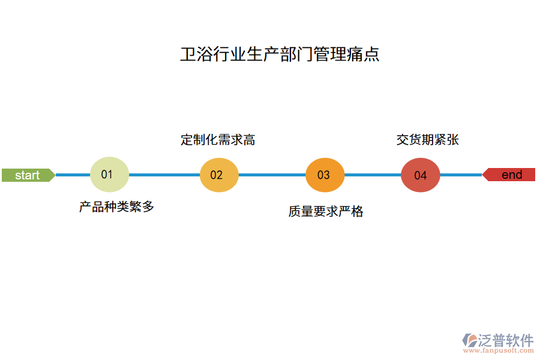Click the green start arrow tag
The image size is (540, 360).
pyautogui.click(x=28, y=175)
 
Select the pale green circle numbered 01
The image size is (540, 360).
pyautogui.click(x=109, y=175)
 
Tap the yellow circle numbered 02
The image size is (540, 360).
pyautogui.click(x=219, y=175)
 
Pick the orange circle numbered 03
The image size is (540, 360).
pyautogui.click(x=325, y=175)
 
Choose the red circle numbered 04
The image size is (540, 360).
pyautogui.click(x=421, y=175)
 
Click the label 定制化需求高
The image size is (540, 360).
pyautogui.click(x=218, y=140)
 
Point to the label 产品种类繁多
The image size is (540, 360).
pyautogui.click(x=117, y=207)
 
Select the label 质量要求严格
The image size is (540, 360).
pyautogui.click(x=326, y=211)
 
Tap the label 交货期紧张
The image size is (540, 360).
pyautogui.click(x=428, y=140)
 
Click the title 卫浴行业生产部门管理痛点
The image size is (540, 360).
pyautogui.click(x=280, y=55)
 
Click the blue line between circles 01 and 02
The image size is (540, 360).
pyautogui.click(x=164, y=175)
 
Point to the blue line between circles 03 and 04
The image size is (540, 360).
pyautogui.click(x=373, y=175)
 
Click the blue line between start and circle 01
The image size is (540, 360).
pyautogui.click(x=72, y=175)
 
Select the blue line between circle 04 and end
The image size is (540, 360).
pyautogui.click(x=461, y=175)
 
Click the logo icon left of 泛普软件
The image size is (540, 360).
pyautogui.click(x=469, y=340)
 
